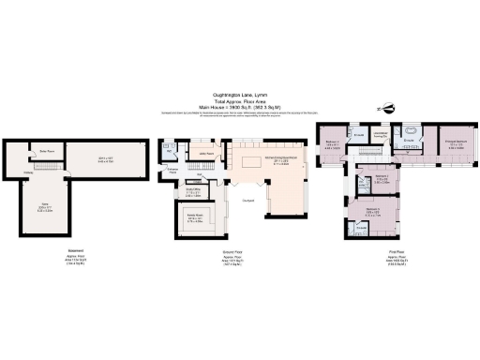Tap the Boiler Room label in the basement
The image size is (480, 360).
pos(43,149)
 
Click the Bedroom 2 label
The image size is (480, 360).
pos(372,211)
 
